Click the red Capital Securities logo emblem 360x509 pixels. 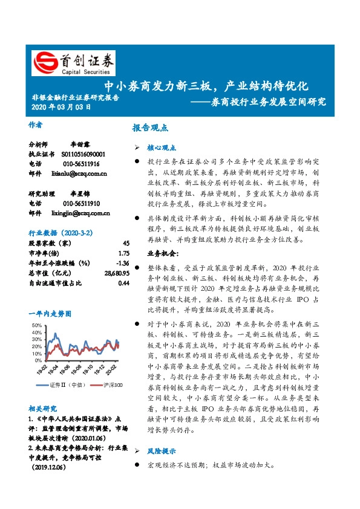tap(44, 62)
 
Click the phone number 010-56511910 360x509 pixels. tap(80, 204)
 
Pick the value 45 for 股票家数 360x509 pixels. tap(126, 242)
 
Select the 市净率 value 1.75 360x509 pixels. tap(124, 253)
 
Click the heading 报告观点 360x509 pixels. tap(150, 128)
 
